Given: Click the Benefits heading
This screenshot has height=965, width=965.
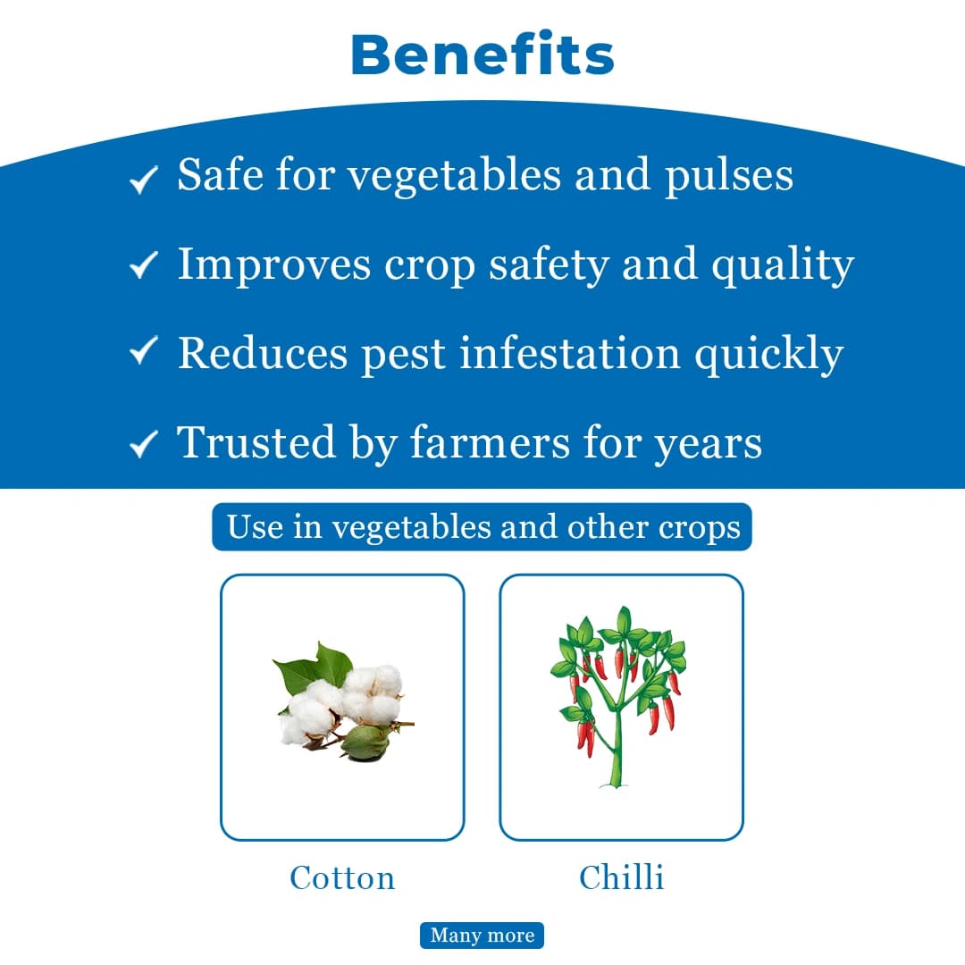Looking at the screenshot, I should (482, 55).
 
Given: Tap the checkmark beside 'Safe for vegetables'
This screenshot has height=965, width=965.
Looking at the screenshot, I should (143, 180).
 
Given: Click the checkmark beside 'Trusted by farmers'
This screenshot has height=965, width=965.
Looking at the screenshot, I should (143, 444).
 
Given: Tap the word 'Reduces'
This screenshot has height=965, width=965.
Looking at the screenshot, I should (262, 353).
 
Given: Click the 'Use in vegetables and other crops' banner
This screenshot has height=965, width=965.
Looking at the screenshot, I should (482, 527).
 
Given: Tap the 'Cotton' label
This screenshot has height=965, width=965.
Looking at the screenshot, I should (342, 877).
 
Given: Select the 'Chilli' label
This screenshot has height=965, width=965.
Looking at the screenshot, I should (621, 877).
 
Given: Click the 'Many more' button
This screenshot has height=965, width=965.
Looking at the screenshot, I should (482, 936).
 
